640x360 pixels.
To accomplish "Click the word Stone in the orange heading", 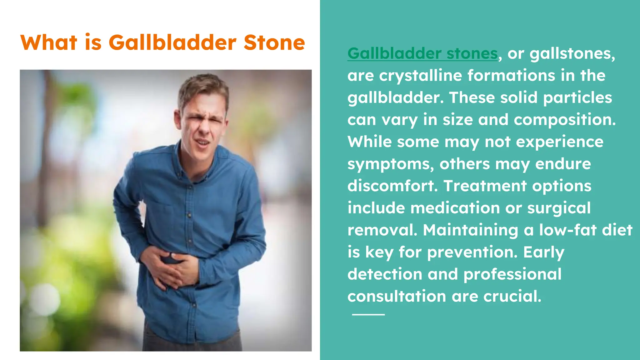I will pyautogui.click(x=274, y=42).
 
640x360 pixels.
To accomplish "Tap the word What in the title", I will pyautogui.click(x=49, y=42).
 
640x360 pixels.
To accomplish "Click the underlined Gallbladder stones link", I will pyautogui.click(x=422, y=53).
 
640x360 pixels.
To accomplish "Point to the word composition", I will pyautogui.click(x=564, y=120).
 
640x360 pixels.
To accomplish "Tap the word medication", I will pyautogui.click(x=455, y=208).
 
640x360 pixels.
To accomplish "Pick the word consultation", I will pyautogui.click(x=397, y=297).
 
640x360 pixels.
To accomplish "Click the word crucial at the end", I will pyautogui.click(x=512, y=297).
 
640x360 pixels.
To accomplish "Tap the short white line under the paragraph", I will pyautogui.click(x=368, y=314).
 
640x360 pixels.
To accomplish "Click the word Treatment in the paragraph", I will pyautogui.click(x=485, y=186).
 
